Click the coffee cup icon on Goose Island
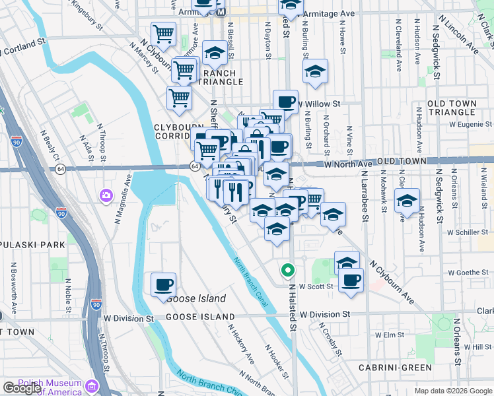pos(163,285)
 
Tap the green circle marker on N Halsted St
pos(287,269)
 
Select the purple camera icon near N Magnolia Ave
pos(106,195)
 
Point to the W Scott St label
pos(315,287)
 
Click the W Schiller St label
pos(466,232)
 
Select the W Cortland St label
pos(26,49)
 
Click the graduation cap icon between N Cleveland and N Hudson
pos(407,201)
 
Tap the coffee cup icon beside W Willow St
pos(285,102)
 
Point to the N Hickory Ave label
pos(241,343)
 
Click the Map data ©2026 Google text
pos(452,391)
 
